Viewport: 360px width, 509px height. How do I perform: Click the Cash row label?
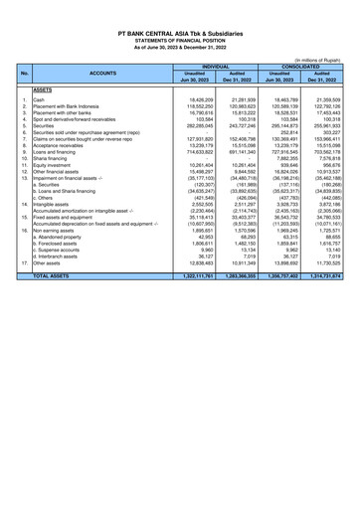click(40, 101)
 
